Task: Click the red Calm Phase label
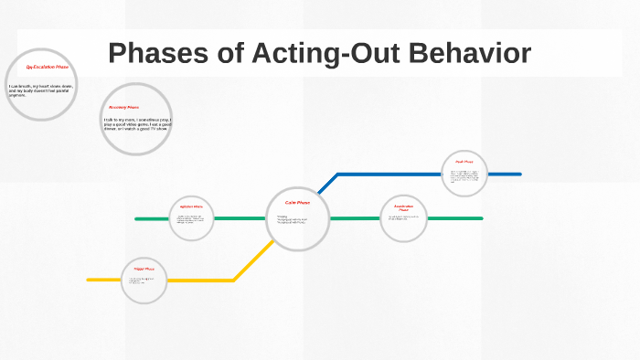click(x=298, y=202)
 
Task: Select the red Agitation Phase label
click(x=191, y=207)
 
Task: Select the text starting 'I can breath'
click(x=40, y=89)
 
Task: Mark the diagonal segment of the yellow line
click(x=253, y=259)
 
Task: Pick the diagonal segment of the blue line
click(x=328, y=183)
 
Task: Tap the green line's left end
click(x=137, y=218)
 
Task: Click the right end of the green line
click(x=481, y=218)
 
